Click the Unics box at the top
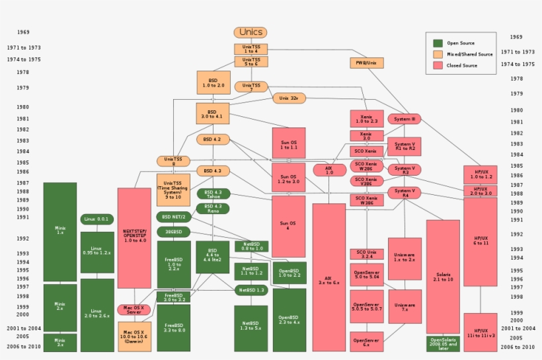click(x=251, y=32)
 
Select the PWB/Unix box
click(x=367, y=63)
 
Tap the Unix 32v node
click(x=289, y=98)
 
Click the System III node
click(x=404, y=119)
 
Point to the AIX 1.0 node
click(x=330, y=170)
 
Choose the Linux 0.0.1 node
click(x=97, y=219)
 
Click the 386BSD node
click(x=174, y=232)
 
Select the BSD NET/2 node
click(x=174, y=217)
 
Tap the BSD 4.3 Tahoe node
click(x=213, y=194)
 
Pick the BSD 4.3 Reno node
click(x=213, y=208)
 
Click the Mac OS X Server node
click(x=134, y=310)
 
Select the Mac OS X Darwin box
click(x=134, y=336)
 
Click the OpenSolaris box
click(x=443, y=343)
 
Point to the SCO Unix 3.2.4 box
click(x=367, y=254)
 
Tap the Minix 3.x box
click(x=60, y=342)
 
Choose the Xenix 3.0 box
click(x=367, y=135)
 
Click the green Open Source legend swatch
click(x=438, y=43)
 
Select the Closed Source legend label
click(x=462, y=65)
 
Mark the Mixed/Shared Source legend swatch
click(x=438, y=54)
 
